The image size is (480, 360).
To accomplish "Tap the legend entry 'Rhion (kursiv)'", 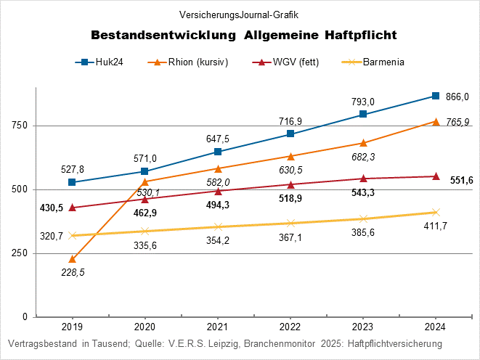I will tap(189, 62).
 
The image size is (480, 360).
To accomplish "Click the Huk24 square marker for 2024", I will tap(436, 96).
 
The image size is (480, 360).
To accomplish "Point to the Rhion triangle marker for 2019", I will tap(72, 259).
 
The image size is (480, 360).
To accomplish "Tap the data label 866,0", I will tap(457, 97).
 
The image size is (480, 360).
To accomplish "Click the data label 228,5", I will tap(72, 274).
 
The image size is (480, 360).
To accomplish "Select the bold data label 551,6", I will tap(462, 180).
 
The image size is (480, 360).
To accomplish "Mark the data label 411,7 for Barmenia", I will tap(436, 227).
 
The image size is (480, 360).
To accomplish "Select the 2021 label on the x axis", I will tap(217, 327).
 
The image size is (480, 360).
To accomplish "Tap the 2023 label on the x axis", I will tap(362, 327).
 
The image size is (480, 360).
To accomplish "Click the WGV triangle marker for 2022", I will tap(290, 184).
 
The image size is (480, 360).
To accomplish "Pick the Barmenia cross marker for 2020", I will tap(145, 232).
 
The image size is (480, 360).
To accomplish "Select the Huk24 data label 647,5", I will tap(217, 138).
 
